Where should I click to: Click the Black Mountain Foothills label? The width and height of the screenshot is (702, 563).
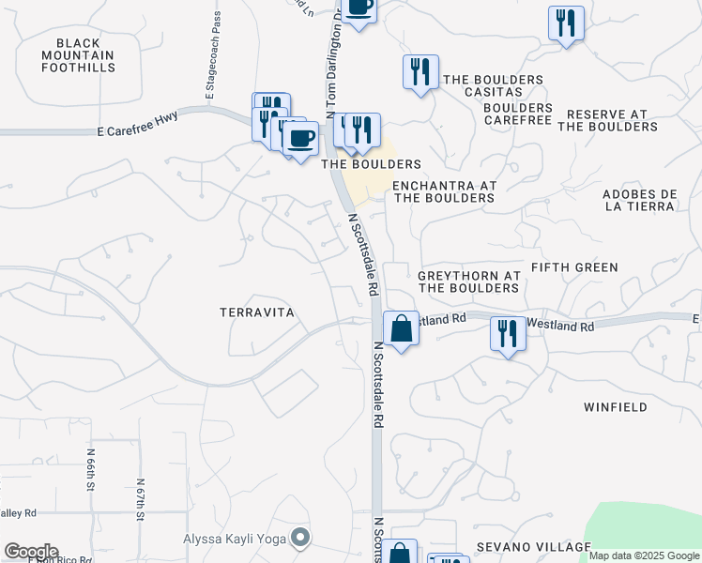tap(84, 55)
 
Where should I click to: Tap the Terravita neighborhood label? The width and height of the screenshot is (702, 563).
tap(257, 312)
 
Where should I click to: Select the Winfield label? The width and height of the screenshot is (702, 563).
tap(615, 407)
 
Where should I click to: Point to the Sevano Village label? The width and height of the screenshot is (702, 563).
tap(533, 547)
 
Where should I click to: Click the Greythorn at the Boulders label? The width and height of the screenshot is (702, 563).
tap(468, 281)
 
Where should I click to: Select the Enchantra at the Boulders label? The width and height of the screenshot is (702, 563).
tap(443, 191)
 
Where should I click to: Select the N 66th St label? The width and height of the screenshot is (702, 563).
tap(91, 470)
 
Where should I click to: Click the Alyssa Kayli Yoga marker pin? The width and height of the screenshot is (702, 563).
tap(300, 538)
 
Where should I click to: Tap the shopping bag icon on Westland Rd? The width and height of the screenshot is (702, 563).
tap(401, 329)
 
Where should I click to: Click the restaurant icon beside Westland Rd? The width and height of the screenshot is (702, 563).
tap(508, 333)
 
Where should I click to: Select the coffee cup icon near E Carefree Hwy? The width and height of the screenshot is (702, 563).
tap(300, 139)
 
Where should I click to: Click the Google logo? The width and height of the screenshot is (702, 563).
tap(31, 552)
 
